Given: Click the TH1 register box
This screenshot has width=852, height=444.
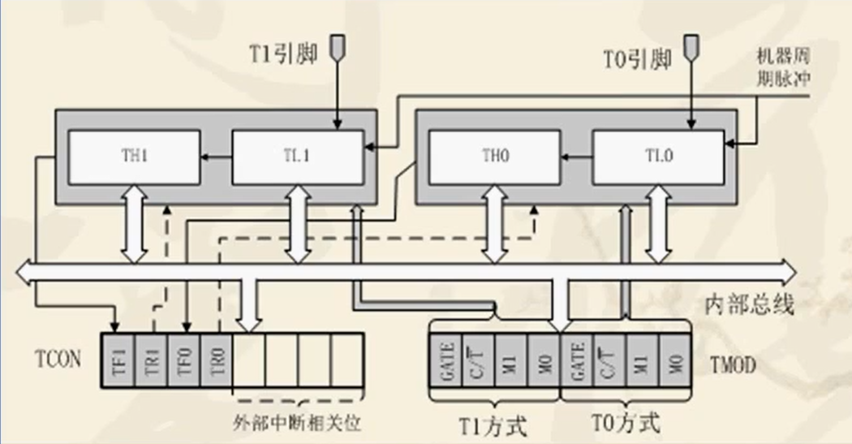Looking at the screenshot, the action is click(x=133, y=157).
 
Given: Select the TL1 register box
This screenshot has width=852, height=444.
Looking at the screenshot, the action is click(x=298, y=157).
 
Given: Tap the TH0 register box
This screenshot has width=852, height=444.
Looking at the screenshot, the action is click(x=494, y=157).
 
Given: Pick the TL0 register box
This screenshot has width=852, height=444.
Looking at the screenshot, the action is click(x=658, y=157).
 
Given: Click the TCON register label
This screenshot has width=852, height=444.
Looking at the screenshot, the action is click(x=58, y=358).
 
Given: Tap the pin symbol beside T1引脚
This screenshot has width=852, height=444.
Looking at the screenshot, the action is click(x=337, y=50).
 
